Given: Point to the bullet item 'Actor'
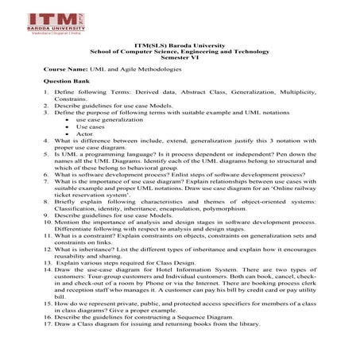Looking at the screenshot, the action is pyautogui.click(x=85, y=134).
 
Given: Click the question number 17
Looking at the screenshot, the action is pyautogui.click(x=48, y=323).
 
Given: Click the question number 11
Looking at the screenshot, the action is pyautogui.click(x=48, y=238).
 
